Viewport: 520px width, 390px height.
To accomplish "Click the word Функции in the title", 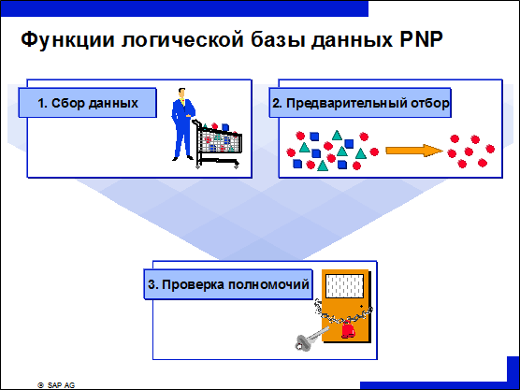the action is point(68,40).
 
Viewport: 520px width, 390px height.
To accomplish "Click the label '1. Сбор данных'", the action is point(88,103).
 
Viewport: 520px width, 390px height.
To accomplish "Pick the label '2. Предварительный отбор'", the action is point(360,103).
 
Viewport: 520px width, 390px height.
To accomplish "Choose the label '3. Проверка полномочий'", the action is point(228,284).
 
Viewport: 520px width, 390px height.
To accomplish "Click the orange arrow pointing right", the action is point(414,151).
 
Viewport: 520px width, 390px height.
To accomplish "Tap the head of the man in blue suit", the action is point(181,94).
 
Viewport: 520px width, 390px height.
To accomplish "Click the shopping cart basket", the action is point(220,142).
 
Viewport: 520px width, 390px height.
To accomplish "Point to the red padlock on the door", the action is point(348,330).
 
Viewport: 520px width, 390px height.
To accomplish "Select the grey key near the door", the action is point(311,339).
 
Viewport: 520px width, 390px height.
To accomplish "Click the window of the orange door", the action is point(344,286).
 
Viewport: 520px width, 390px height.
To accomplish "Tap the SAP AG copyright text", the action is point(56,385).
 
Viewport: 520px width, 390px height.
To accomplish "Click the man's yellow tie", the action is point(182,102).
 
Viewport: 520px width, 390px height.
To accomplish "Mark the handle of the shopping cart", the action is point(195,122).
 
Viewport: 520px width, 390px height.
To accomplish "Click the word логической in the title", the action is point(182,40).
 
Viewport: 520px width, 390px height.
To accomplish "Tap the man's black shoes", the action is point(182,158).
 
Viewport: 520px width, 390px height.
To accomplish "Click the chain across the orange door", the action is point(343,313).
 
